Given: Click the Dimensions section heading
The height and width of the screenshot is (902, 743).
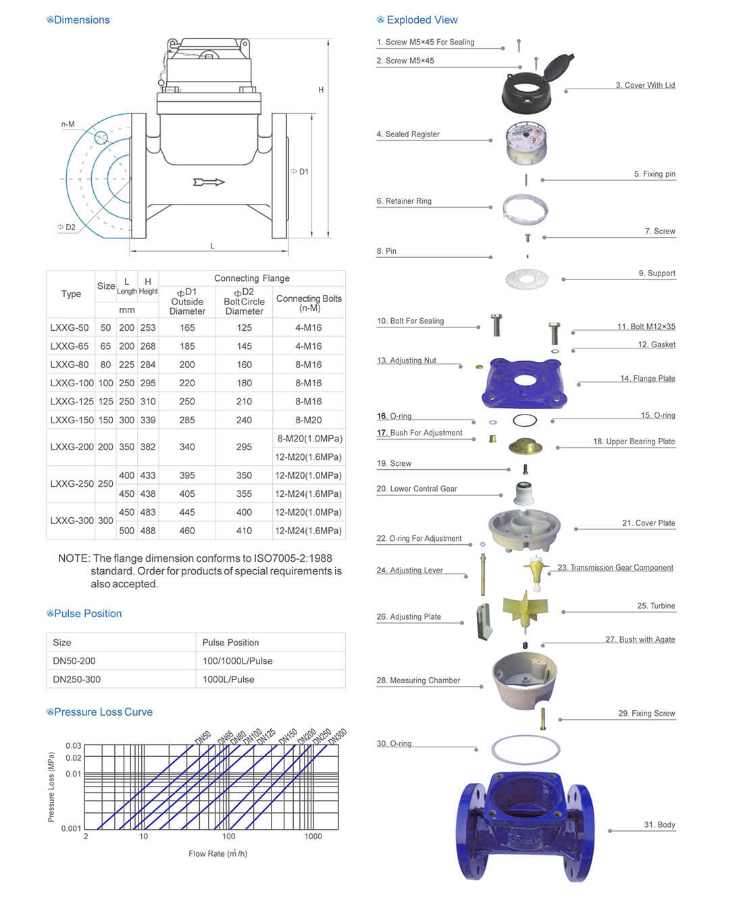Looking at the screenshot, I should [x=81, y=20].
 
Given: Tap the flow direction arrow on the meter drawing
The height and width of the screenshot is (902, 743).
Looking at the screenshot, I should [x=209, y=182].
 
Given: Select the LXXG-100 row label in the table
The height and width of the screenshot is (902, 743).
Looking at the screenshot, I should [x=70, y=383].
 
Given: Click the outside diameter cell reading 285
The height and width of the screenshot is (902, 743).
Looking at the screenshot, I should [x=187, y=420].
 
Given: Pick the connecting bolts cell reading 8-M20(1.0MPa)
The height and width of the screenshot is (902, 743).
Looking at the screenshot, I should [x=309, y=439].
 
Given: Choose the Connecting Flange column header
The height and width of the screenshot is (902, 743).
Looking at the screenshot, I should [x=251, y=278].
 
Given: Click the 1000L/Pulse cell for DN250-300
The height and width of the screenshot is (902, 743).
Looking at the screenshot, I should [x=228, y=679].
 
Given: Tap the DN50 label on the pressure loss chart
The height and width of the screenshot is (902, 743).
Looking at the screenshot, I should [x=203, y=737].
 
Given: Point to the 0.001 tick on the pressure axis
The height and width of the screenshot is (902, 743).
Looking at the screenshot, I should [x=71, y=828].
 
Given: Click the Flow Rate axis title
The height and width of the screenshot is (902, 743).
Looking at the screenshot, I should [x=217, y=854].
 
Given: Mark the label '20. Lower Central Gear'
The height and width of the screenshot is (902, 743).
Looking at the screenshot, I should [x=417, y=489].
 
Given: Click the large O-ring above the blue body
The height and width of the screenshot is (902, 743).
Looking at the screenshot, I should [x=526, y=749].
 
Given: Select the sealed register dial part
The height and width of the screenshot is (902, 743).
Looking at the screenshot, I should [x=526, y=144].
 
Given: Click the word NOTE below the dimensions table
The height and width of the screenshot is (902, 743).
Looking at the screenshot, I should [x=73, y=558].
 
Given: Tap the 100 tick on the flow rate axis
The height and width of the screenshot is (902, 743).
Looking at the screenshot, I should [x=229, y=837].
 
